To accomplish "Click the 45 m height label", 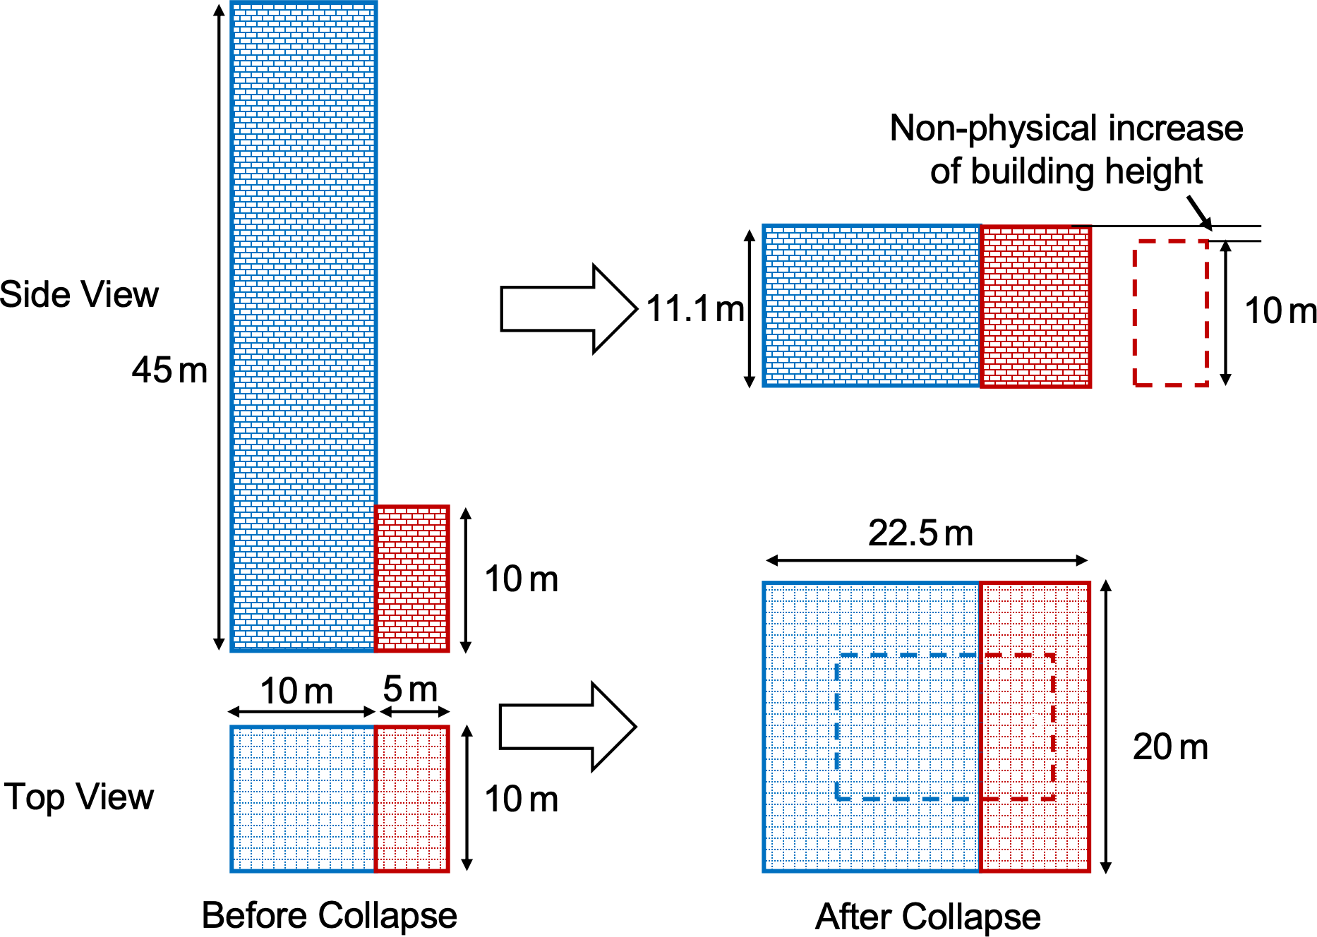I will [x=169, y=370].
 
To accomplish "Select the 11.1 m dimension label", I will [x=695, y=309].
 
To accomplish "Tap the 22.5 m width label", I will [x=920, y=533].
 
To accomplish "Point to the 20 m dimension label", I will [x=1170, y=746].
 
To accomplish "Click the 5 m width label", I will [x=410, y=689].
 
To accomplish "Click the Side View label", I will [x=79, y=294].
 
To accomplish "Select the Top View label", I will [x=79, y=797].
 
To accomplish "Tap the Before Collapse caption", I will [x=329, y=916].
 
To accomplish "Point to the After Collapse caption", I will [x=927, y=917].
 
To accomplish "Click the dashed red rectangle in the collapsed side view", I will [x=1171, y=313].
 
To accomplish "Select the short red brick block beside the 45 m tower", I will [x=411, y=579].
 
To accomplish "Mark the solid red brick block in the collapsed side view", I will [x=1035, y=306].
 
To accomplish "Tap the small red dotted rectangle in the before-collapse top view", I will [x=411, y=799].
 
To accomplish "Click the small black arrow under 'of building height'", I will [x=1199, y=212].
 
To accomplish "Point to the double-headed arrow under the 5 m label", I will [x=412, y=711].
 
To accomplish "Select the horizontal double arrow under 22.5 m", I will [x=927, y=561].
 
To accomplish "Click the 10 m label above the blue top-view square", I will [x=296, y=691].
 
